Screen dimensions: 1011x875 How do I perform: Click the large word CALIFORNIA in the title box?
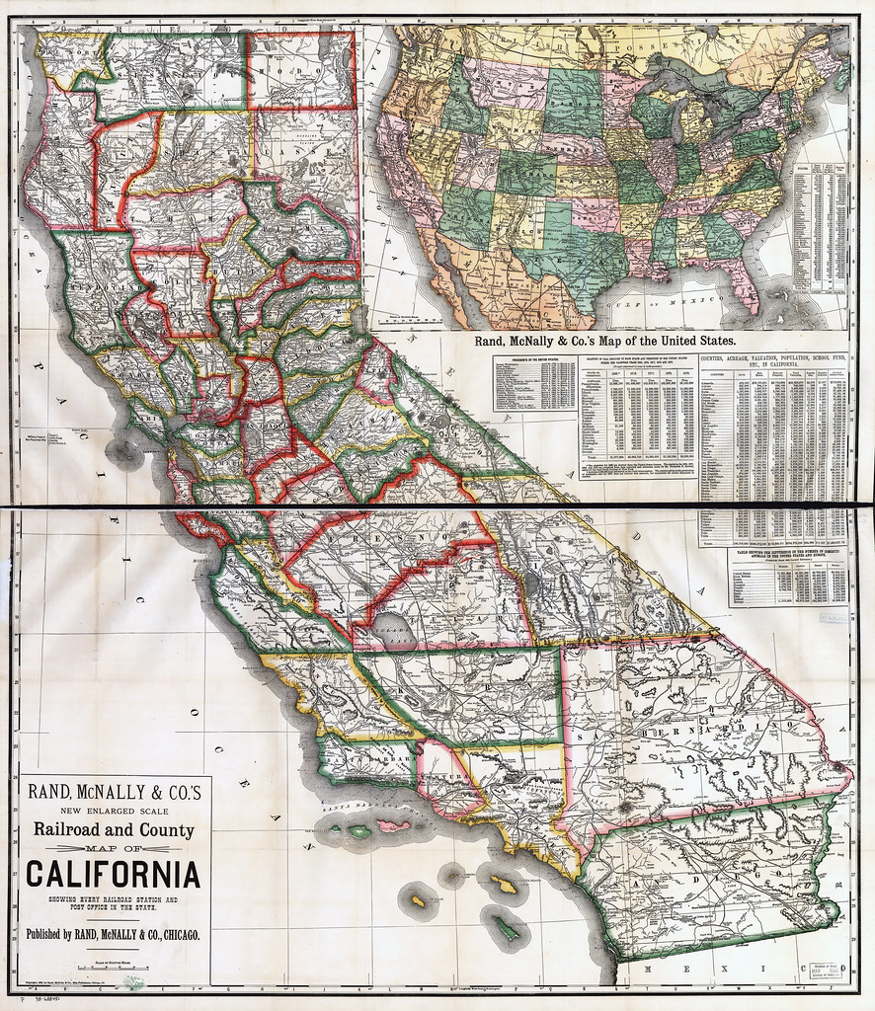[x=113, y=875]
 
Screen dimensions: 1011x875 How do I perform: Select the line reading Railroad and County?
[x=113, y=830]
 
